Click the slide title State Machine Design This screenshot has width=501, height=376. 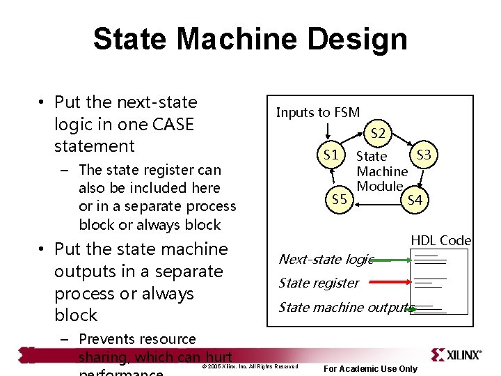pyautogui.click(x=250, y=39)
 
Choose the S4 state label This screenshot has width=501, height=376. pyautogui.click(x=415, y=201)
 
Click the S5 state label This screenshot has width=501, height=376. pyautogui.click(x=339, y=200)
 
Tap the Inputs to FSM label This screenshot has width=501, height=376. pyautogui.click(x=318, y=112)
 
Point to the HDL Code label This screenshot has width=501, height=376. pyautogui.click(x=441, y=240)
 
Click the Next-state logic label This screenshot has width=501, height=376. pyautogui.click(x=326, y=260)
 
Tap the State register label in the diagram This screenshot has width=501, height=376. pyautogui.click(x=318, y=283)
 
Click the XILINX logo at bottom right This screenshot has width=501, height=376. pyautogui.click(x=456, y=354)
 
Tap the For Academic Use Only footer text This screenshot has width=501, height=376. pyautogui.click(x=371, y=368)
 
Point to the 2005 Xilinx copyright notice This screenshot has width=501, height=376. pyautogui.click(x=249, y=366)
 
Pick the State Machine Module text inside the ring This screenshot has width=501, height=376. pyautogui.click(x=381, y=171)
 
